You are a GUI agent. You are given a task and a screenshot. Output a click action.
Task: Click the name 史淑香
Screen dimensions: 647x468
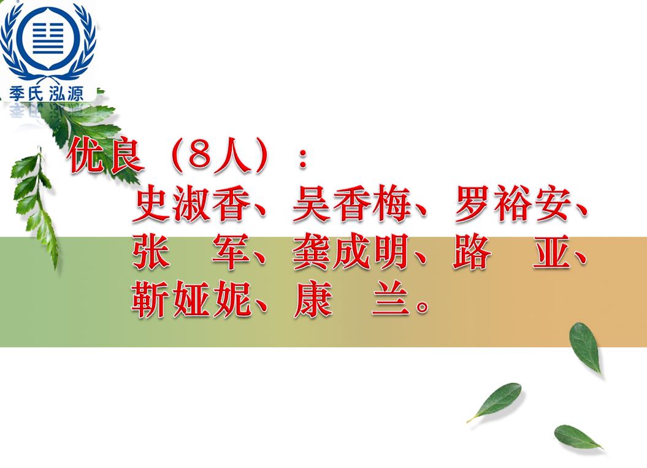tap(192, 204)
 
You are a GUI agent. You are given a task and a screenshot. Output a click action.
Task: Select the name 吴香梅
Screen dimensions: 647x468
tap(352, 204)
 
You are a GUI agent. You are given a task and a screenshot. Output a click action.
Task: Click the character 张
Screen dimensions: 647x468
tap(151, 251)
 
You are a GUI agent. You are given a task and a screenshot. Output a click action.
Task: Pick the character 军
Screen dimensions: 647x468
tap(231, 251)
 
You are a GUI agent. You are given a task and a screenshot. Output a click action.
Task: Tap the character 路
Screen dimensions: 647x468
tap(472, 251)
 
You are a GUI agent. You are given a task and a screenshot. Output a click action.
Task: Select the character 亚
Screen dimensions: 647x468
tap(552, 251)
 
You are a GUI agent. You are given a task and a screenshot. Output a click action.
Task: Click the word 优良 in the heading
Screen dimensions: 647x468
tap(105, 155)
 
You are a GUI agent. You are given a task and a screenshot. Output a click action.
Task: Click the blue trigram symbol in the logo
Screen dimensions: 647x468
tap(48, 38)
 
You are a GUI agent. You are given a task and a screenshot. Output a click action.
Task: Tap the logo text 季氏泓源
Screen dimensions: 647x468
tap(46, 94)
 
